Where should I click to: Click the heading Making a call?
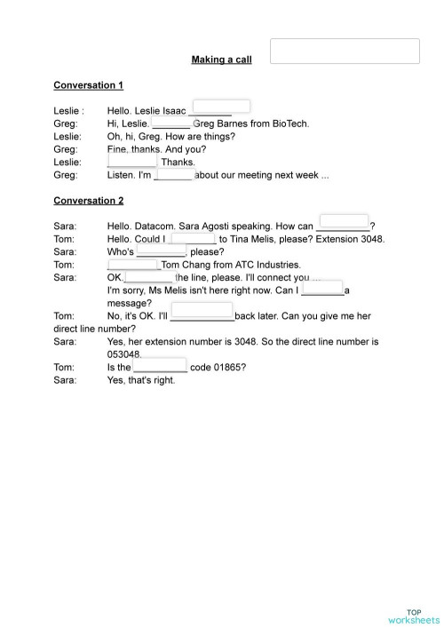[221, 60]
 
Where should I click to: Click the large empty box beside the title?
[345, 51]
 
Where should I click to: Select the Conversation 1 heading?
[88, 85]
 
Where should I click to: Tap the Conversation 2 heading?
[88, 201]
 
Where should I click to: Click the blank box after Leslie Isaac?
[220, 107]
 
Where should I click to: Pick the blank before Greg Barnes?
[170, 123]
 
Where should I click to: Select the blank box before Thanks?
[131, 161]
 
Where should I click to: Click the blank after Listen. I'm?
[174, 175]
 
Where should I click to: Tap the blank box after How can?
[343, 222]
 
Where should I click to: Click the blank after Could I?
[193, 237]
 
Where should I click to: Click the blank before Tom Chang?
[132, 264]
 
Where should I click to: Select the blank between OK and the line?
[148, 277]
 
